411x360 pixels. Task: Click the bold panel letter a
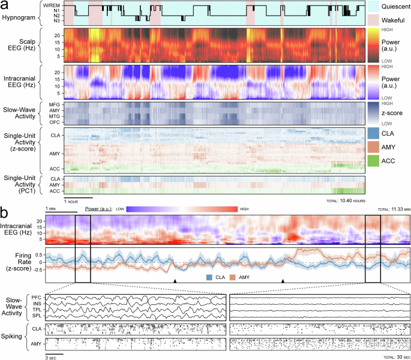[6, 7]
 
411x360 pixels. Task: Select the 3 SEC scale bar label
[53, 357]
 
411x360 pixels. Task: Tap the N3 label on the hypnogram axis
[56, 20]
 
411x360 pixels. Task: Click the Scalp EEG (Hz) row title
[24, 45]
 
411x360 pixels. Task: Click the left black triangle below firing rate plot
[175, 281]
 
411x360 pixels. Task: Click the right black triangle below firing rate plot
[283, 281]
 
